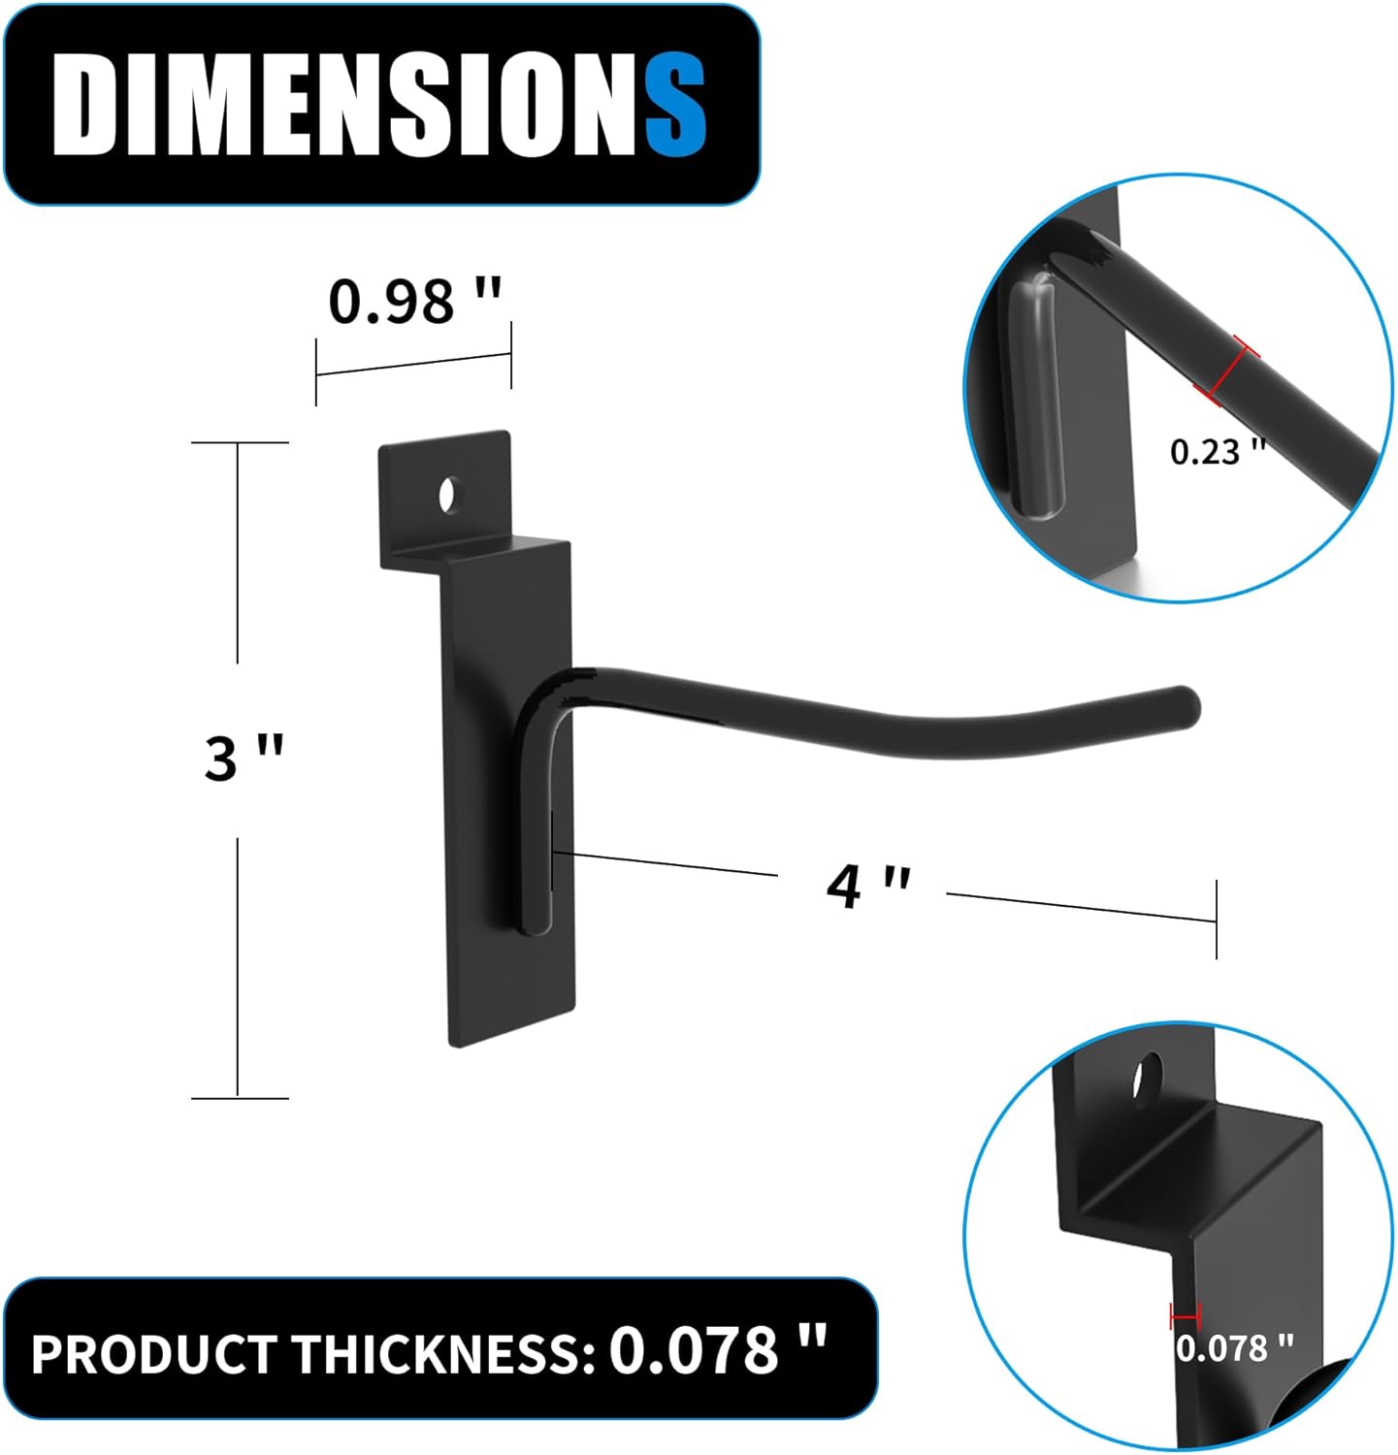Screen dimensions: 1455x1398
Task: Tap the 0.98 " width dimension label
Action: (x=414, y=301)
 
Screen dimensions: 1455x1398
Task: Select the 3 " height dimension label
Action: (x=244, y=758)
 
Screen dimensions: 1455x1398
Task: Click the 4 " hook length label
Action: (x=867, y=885)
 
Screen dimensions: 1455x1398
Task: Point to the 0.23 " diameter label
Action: (x=1218, y=451)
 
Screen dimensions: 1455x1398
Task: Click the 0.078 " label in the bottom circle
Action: (x=1234, y=1348)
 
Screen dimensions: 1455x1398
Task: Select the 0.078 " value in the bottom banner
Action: (x=717, y=1349)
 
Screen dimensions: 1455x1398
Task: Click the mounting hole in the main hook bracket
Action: (x=448, y=495)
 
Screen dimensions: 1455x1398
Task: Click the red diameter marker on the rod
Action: (x=1227, y=371)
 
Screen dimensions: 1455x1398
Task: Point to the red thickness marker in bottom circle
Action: (x=1186, y=1316)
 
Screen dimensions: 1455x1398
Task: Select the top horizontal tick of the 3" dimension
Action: (x=240, y=442)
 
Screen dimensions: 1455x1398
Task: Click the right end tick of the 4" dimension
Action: (x=1216, y=920)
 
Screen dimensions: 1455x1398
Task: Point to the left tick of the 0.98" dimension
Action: (x=316, y=372)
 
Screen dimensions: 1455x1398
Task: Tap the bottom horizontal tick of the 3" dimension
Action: (x=240, y=1098)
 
